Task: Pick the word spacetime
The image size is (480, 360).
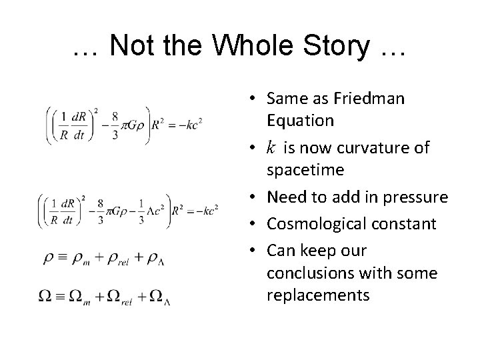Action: pyautogui.click(x=305, y=170)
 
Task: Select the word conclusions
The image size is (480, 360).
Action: pyautogui.click(x=307, y=273)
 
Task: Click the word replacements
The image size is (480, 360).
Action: pyautogui.click(x=318, y=295)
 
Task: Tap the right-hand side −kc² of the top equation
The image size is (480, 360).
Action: pyautogui.click(x=186, y=123)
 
